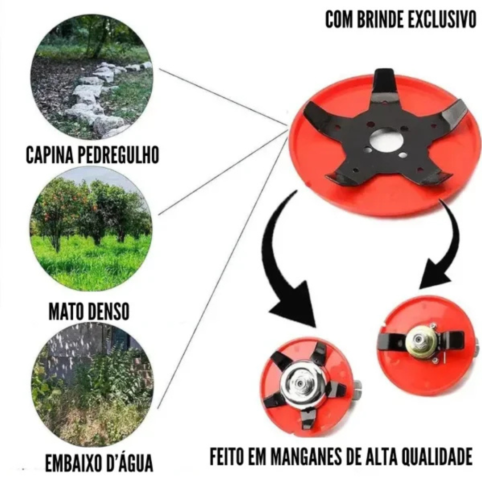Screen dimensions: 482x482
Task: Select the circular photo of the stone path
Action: (x=92, y=77)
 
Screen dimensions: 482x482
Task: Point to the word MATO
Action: (x=67, y=312)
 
